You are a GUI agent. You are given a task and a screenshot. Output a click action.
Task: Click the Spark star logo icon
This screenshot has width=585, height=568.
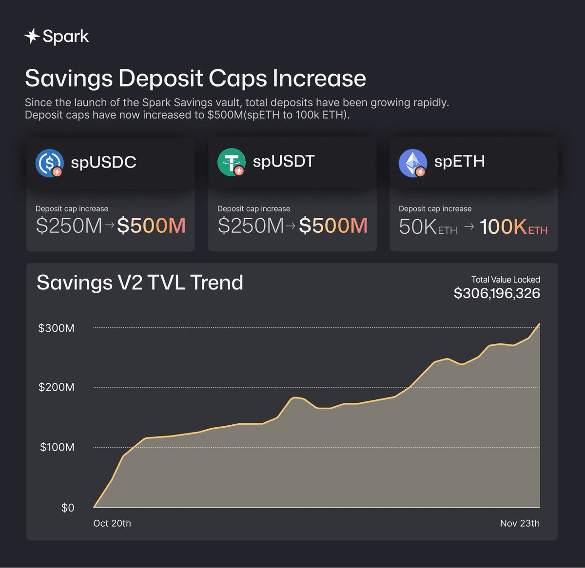pyautogui.click(x=32, y=36)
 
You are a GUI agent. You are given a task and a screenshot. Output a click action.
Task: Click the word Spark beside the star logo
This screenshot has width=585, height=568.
pyautogui.click(x=66, y=36)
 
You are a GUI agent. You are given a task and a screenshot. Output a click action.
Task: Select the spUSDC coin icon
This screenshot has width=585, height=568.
pyautogui.click(x=49, y=163)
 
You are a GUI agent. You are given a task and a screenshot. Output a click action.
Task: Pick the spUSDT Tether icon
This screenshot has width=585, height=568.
pyautogui.click(x=231, y=162)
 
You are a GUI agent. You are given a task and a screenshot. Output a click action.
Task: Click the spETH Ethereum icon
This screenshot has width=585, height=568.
pyautogui.click(x=412, y=163)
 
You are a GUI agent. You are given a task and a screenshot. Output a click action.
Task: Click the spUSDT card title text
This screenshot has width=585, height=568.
pyautogui.click(x=283, y=161)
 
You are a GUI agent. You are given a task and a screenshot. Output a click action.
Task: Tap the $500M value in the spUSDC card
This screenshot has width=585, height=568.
pyautogui.click(x=151, y=226)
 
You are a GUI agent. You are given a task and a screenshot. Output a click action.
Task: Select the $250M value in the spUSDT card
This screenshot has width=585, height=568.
pyautogui.click(x=251, y=226)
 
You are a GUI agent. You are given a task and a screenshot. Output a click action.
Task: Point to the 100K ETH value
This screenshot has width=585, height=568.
pyautogui.click(x=513, y=227)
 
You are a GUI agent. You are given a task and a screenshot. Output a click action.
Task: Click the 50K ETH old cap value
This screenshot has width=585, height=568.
pyautogui.click(x=428, y=227)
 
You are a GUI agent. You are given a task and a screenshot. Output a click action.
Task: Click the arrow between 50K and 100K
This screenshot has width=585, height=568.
pyautogui.click(x=468, y=227)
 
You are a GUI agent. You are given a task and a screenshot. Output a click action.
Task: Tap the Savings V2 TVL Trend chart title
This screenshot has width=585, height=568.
pyautogui.click(x=140, y=283)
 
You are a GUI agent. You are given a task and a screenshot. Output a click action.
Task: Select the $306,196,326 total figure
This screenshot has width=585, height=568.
pyautogui.click(x=496, y=293)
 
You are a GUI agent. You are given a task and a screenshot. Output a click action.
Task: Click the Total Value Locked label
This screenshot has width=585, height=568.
pyautogui.click(x=505, y=280)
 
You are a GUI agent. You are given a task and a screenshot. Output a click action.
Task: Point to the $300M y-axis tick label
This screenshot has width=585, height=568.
pyautogui.click(x=57, y=328)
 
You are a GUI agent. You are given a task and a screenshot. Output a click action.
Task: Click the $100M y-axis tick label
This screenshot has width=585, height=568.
pyautogui.click(x=57, y=447)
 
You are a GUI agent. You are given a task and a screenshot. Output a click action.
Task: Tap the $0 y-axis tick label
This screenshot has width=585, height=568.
pyautogui.click(x=68, y=508)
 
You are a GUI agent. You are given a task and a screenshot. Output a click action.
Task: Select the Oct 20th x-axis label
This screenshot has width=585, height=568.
pyautogui.click(x=112, y=523)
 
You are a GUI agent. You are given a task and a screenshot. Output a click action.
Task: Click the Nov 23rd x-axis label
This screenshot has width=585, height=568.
pyautogui.click(x=520, y=523)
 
